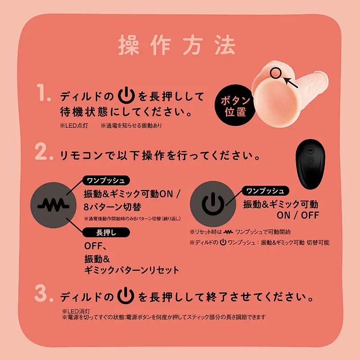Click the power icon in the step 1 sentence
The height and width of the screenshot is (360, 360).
click(x=126, y=96)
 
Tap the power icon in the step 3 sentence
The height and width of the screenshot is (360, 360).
click(x=126, y=297)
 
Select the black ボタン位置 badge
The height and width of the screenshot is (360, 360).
click(x=235, y=106)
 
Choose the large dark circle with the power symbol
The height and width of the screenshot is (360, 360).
click(x=211, y=203)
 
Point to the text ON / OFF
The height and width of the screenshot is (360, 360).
click(x=298, y=215)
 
